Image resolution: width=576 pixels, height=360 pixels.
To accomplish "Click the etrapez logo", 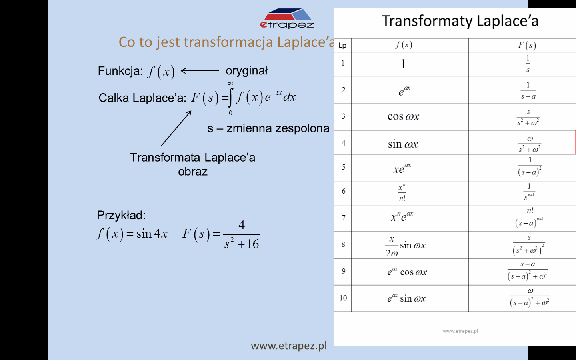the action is [x=287, y=18].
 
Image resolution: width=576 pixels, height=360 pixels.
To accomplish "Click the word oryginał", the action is [x=246, y=71].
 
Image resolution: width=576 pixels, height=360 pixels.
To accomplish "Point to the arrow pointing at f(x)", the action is [x=200, y=71].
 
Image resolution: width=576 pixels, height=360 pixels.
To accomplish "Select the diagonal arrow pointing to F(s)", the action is [x=176, y=128].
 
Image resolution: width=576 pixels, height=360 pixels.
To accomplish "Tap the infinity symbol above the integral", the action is [x=230, y=83].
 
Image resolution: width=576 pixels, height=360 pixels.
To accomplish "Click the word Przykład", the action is [x=121, y=215].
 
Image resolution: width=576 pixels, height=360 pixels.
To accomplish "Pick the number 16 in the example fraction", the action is [x=253, y=244].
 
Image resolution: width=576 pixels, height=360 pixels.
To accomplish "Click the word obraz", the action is [x=193, y=172].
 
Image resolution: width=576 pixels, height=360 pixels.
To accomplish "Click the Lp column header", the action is [x=342, y=46].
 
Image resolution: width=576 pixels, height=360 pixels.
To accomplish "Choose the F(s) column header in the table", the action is [x=527, y=46].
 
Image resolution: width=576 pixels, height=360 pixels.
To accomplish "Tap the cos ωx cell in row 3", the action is [x=403, y=116].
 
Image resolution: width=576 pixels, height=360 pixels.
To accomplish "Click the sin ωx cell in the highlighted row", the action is [x=403, y=144].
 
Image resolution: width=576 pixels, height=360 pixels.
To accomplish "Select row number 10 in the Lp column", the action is [x=343, y=298].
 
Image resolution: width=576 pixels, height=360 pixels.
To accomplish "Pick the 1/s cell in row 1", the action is [x=528, y=64].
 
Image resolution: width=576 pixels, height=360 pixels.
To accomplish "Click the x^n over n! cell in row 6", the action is [x=402, y=193].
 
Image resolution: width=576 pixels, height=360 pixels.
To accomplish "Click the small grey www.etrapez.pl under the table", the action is [x=460, y=331].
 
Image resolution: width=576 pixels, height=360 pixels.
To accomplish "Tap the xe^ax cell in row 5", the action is [x=402, y=168].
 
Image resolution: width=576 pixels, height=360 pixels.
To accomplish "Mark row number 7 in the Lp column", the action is [x=344, y=218].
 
